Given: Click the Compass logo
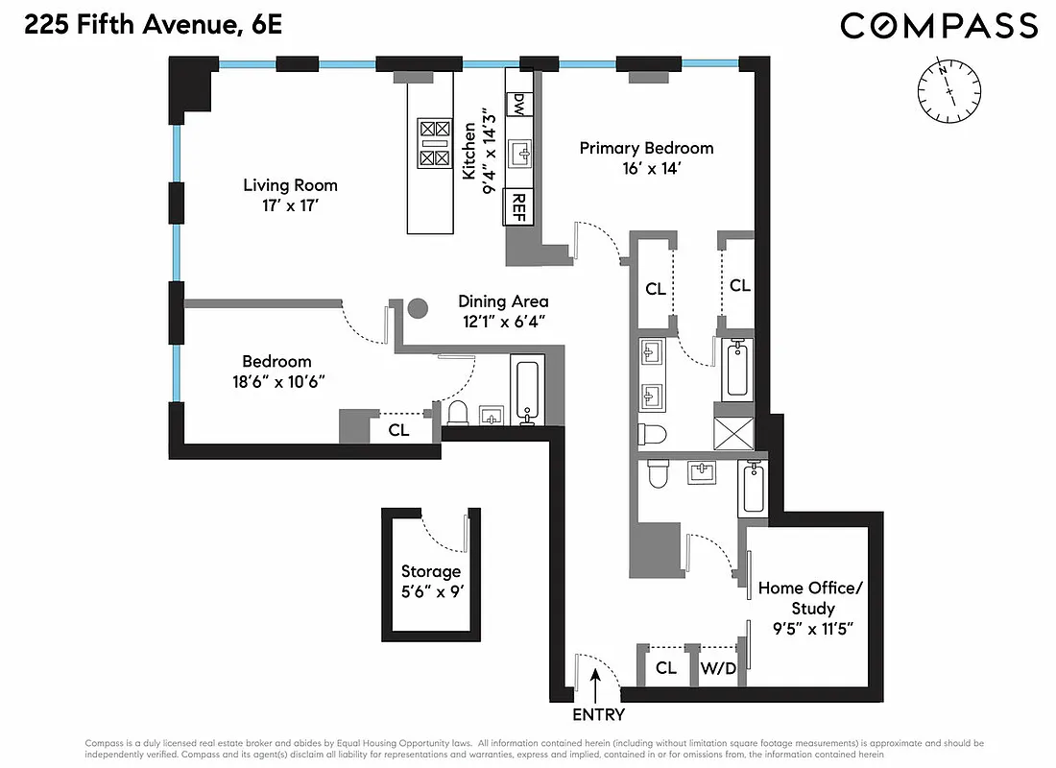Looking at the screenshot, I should (x=939, y=25).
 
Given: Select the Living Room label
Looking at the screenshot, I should (x=290, y=185).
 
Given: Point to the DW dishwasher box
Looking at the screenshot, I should (x=518, y=104).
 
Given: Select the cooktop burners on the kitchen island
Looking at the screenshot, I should (x=435, y=143).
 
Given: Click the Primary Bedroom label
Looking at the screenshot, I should (x=646, y=148).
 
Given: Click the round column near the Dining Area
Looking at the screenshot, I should (x=418, y=309).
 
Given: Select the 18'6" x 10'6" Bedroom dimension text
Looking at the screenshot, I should (x=276, y=381).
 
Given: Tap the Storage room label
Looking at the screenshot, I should (x=430, y=572).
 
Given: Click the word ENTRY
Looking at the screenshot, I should (x=598, y=715).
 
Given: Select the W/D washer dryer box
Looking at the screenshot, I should (x=717, y=668).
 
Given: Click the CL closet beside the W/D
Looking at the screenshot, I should (x=666, y=668).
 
